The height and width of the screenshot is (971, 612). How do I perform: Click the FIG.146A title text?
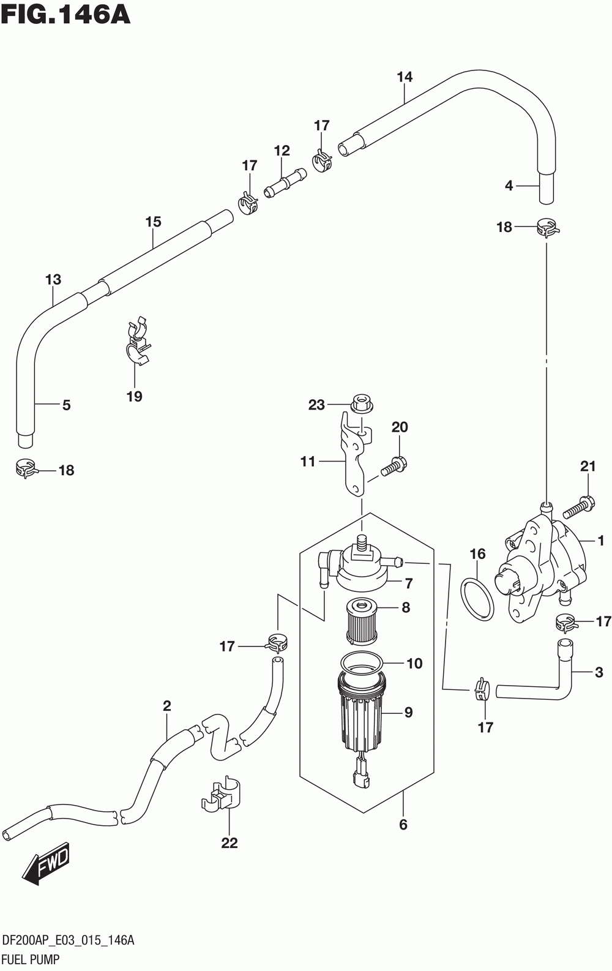tap(65, 15)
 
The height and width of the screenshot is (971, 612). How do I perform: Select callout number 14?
tap(405, 77)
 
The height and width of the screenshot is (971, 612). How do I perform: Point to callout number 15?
tap(153, 222)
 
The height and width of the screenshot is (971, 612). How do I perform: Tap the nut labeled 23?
tap(361, 405)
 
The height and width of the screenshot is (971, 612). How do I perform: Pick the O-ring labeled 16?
tap(477, 599)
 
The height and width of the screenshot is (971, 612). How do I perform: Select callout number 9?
tap(408, 712)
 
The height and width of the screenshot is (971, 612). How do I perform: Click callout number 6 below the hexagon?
tap(403, 825)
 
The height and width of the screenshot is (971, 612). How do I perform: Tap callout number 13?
tap(53, 280)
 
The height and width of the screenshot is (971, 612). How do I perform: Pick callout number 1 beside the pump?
tap(600, 541)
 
